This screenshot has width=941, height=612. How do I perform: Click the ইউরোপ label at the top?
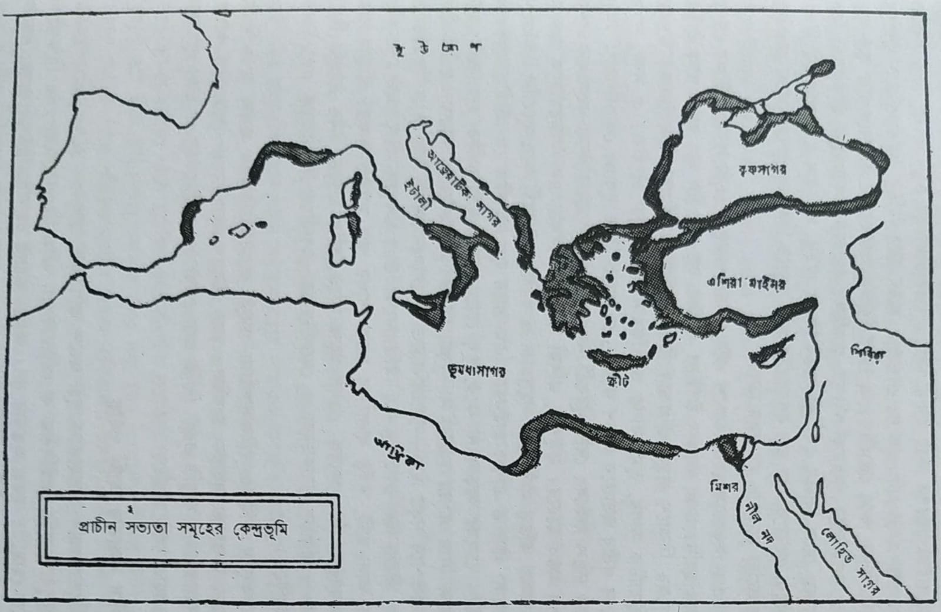pos(436,49)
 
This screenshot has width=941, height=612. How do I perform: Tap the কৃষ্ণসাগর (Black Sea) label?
pos(762,169)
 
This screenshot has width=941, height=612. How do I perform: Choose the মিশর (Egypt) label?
pos(723,486)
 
